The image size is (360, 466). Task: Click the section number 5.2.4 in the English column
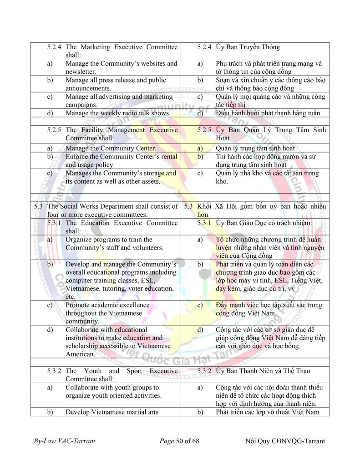(56, 47)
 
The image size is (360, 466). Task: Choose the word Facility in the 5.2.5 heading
(95, 130)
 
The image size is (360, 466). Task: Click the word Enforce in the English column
(78, 157)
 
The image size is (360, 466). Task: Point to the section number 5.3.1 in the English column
(56, 223)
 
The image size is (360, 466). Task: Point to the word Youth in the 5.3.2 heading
(93, 371)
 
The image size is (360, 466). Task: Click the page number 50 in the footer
(181, 441)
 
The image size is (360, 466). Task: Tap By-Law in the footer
(45, 441)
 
